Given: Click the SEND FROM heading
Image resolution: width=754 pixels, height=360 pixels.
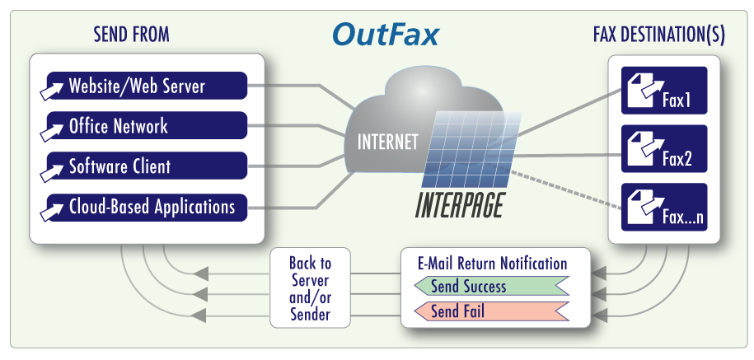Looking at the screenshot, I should click(x=132, y=35).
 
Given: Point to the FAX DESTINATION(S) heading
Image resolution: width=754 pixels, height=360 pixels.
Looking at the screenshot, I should click(x=658, y=35).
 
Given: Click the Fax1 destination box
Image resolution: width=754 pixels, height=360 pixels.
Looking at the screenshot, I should click(x=663, y=91).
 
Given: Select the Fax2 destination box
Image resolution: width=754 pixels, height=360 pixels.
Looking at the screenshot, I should click(x=663, y=149).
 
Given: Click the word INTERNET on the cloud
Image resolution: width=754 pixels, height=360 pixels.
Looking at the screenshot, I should click(x=387, y=142).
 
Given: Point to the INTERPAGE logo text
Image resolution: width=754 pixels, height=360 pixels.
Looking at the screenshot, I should click(x=457, y=205).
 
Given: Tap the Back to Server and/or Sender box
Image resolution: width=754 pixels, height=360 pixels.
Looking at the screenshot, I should click(x=310, y=288).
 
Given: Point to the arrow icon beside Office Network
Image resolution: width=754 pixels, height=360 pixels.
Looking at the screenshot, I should click(x=54, y=128).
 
